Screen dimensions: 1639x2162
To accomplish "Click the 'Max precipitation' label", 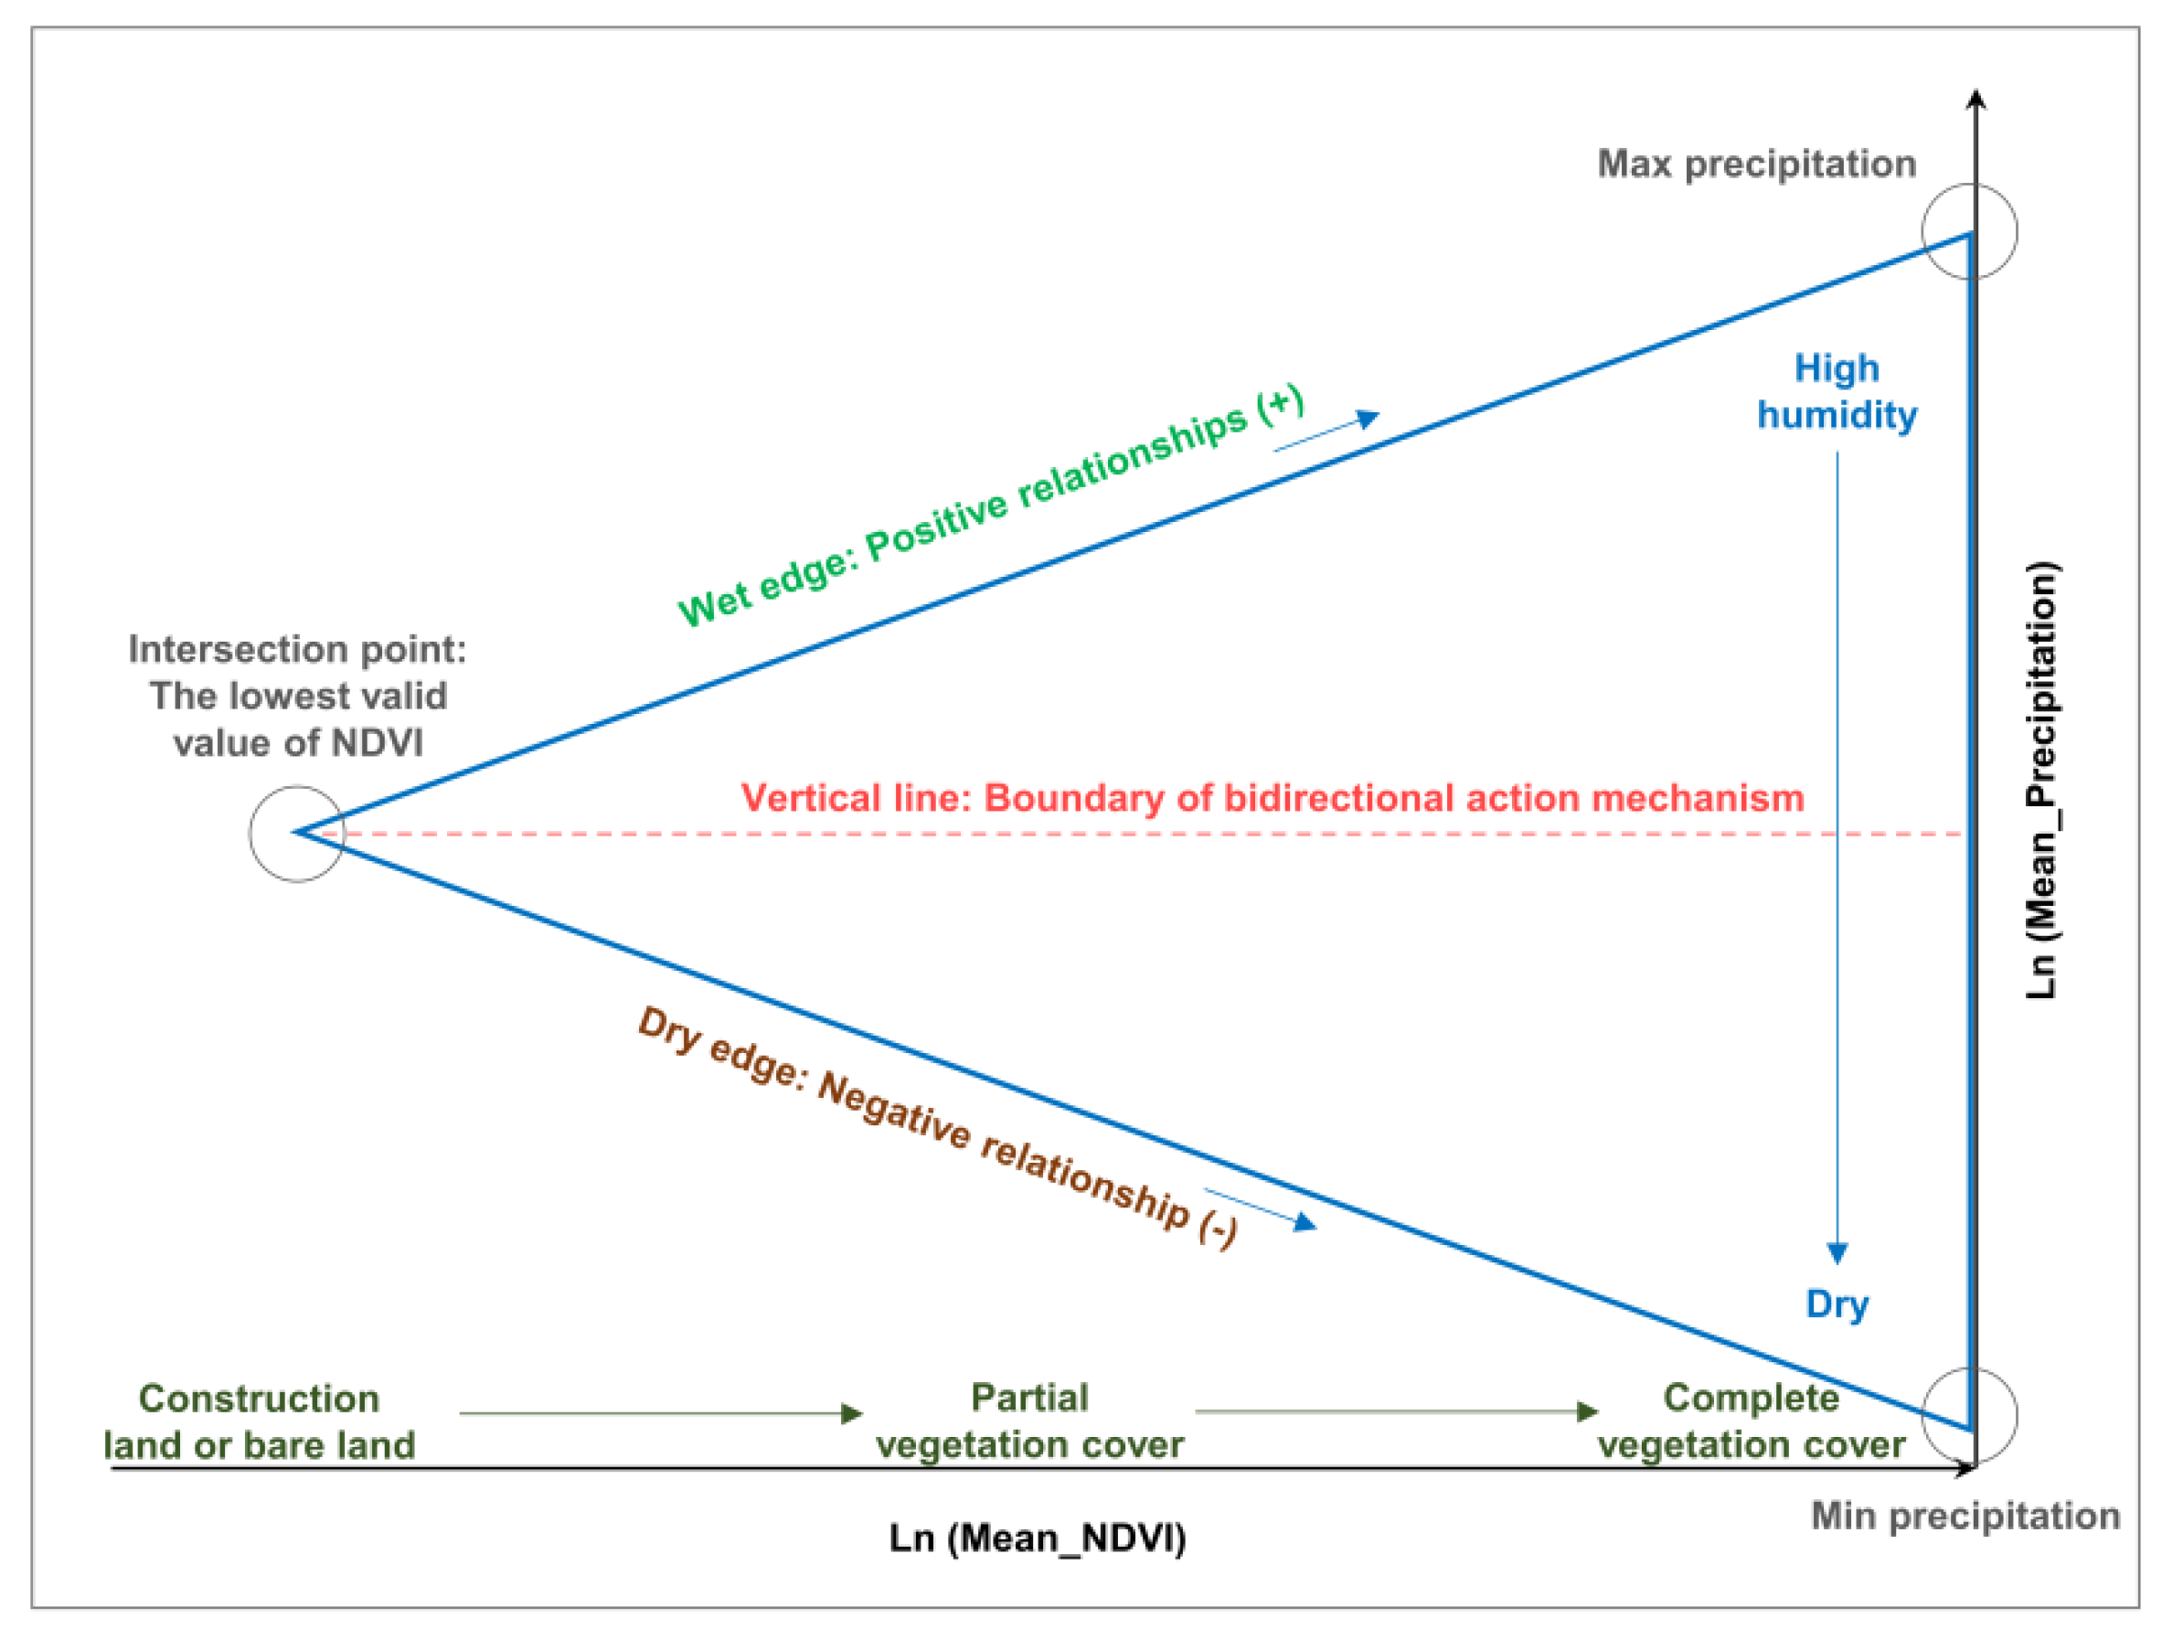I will coord(1755,165).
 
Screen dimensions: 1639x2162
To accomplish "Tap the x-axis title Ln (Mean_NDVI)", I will coord(1037,1538).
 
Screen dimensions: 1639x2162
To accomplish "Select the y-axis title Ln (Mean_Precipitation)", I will coord(2040,780).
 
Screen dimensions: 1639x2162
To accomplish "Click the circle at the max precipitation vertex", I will coord(1968,231).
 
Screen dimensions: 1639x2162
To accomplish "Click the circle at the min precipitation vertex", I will coord(1968,1415).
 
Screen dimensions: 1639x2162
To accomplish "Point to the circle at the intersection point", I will coord(297,834).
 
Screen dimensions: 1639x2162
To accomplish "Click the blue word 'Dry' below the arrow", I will coord(1837,1304).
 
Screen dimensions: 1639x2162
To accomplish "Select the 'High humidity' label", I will coord(1837,391).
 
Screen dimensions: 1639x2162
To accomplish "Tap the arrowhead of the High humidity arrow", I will coord(1837,1254).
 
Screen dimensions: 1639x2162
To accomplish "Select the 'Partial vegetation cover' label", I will coord(1029,1421).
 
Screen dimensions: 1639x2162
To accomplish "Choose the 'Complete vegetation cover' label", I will coord(1751,1421).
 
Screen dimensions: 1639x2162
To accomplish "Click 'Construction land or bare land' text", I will coord(259,1422).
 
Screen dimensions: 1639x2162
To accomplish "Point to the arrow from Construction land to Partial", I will coord(661,1413).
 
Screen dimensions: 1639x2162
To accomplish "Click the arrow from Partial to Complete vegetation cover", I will coord(1396,1411).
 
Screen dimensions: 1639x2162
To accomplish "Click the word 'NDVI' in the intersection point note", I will coord(378,743).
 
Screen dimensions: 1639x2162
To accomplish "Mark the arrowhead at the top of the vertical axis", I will coord(1976,99).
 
